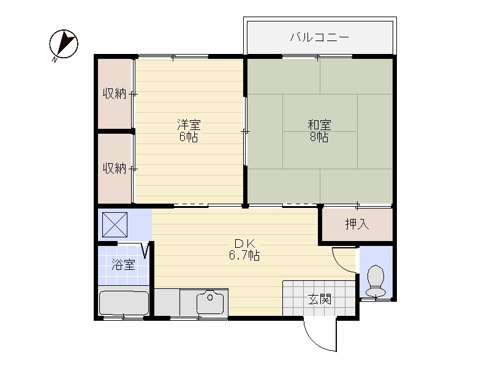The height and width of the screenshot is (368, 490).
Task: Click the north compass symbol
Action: pyautogui.click(x=64, y=44)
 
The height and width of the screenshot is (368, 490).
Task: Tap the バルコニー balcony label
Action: pyautogui.click(x=319, y=37)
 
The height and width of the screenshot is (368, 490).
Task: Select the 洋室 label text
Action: pyautogui.click(x=189, y=125)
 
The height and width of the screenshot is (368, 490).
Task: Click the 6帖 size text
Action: pyautogui.click(x=189, y=137)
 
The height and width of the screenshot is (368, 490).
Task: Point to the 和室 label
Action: pyautogui.click(x=319, y=125)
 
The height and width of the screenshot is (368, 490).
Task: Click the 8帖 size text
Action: pyautogui.click(x=319, y=137)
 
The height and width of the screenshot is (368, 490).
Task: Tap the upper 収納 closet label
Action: pyautogui.click(x=115, y=94)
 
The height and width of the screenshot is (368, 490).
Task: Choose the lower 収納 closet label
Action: pyautogui.click(x=115, y=168)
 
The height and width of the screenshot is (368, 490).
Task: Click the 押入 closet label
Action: pyautogui.click(x=357, y=224)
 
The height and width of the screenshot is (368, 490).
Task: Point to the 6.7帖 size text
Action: pyautogui.click(x=244, y=256)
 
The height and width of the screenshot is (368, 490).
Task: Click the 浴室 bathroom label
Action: pyautogui.click(x=124, y=265)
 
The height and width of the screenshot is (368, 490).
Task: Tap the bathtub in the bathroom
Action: pyautogui.click(x=124, y=303)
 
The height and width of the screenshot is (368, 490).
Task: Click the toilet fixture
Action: pyautogui.click(x=376, y=281)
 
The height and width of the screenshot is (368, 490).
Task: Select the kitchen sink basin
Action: pyautogui.click(x=210, y=302)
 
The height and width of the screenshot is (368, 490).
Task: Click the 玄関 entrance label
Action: pyautogui.click(x=319, y=299)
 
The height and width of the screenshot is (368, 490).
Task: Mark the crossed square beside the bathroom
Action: pyautogui.click(x=115, y=224)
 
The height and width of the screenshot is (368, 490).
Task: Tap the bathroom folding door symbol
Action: pyautogui.click(x=146, y=251)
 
